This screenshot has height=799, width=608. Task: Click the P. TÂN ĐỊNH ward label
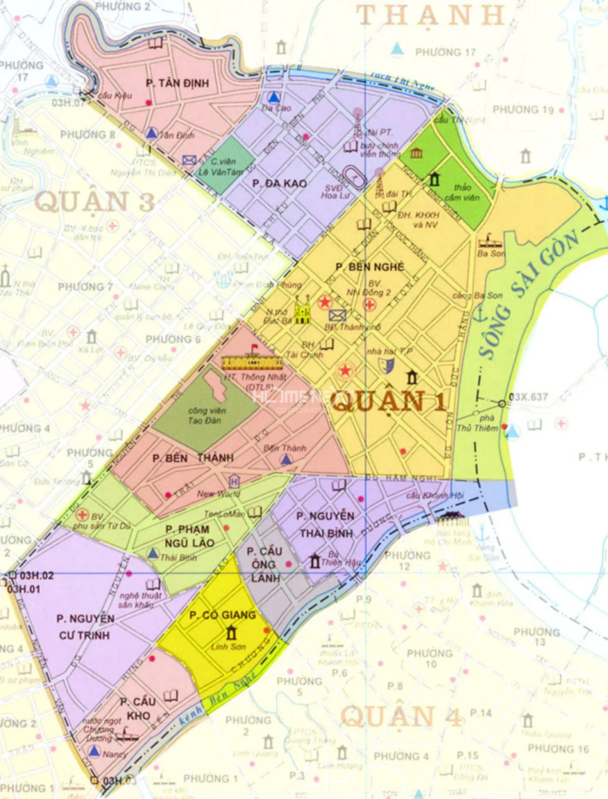coord(178,83)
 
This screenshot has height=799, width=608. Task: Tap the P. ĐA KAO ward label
coord(279,183)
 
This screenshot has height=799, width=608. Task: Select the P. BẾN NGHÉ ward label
coord(370,267)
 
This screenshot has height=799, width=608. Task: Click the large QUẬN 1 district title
coord(389,401)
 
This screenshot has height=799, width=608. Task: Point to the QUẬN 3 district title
coord(95,202)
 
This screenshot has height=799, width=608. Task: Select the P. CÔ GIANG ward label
coord(223,615)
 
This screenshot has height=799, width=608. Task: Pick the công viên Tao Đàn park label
coord(204,415)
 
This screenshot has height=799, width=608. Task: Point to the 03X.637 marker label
coord(528,397)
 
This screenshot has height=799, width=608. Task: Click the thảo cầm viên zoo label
coord(462,192)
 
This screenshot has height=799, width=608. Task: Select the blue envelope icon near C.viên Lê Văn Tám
coord(189,160)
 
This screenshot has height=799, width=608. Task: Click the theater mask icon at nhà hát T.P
coord(386,365)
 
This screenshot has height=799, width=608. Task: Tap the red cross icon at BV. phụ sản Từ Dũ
coord(82,515)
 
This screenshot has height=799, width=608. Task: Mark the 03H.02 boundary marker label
coord(37,575)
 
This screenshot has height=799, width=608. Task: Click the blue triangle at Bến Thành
coord(287,460)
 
